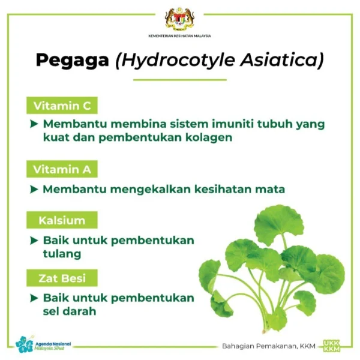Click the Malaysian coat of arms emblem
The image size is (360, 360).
(x=180, y=19)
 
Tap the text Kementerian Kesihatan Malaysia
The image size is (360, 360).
(x=179, y=36)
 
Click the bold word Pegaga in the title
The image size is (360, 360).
(x=73, y=61)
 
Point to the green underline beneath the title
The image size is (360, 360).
(x=180, y=80)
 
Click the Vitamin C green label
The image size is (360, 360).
(x=62, y=106)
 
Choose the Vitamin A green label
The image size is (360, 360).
(x=62, y=169)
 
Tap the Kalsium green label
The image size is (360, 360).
(x=62, y=220)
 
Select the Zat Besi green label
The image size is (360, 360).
(x=62, y=278)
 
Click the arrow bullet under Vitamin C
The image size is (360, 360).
(x=34, y=124)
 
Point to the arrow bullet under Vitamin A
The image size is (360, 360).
(x=34, y=190)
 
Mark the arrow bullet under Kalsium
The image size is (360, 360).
(x=34, y=241)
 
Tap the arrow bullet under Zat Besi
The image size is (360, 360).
(x=34, y=298)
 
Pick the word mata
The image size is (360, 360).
(x=270, y=190)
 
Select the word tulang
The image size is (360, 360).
(x=62, y=254)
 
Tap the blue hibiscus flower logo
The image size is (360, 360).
(x=25, y=344)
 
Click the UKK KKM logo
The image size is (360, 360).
(x=331, y=346)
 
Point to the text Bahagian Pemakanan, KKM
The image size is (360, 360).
(x=269, y=346)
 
